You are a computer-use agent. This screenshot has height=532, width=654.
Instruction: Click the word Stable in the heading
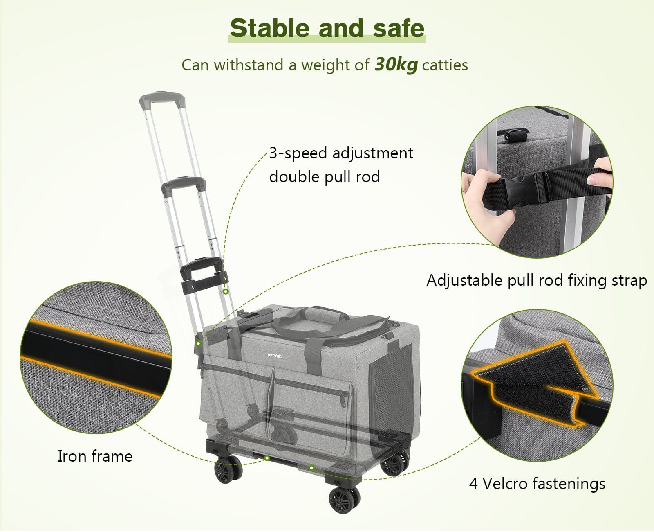coord(270,28)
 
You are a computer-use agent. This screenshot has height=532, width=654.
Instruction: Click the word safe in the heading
coord(399,28)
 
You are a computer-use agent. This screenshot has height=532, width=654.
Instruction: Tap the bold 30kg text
coord(396,65)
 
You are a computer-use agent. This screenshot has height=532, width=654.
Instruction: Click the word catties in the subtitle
coord(445,65)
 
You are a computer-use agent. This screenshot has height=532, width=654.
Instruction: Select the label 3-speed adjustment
coord(341,153)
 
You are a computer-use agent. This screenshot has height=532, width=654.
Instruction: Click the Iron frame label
coord(95,456)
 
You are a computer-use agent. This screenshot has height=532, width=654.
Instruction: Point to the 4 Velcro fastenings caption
coord(537,484)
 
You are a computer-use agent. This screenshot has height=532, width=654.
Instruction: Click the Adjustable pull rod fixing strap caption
coord(537,281)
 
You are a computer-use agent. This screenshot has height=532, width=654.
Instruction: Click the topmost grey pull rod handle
coord(162,99)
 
